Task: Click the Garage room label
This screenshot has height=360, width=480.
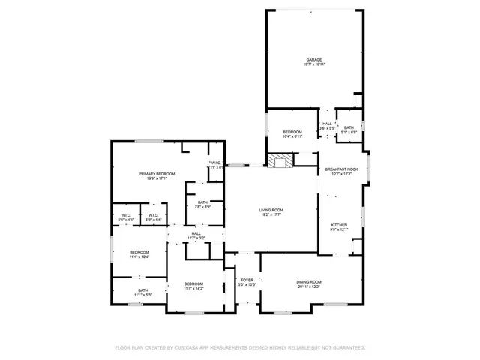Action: [313, 59]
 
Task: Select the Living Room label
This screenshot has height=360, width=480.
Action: [271, 211]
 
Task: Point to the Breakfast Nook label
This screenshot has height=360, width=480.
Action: [341, 169]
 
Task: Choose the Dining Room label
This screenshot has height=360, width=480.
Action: [308, 282]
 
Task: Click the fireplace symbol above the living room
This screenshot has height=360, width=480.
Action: [281, 160]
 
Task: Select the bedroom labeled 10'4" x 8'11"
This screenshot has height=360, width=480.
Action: [292, 132]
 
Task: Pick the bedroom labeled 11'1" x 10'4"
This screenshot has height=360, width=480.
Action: [139, 252]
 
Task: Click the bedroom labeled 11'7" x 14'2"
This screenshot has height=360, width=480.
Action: [193, 284]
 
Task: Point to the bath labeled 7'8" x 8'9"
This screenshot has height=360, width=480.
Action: [203, 202]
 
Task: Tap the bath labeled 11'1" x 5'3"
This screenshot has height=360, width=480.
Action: [142, 290]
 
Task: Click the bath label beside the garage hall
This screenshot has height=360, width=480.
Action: [349, 128]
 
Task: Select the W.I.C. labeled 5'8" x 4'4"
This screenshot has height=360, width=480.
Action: [126, 216]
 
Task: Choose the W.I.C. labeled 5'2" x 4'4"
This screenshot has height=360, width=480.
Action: [153, 216]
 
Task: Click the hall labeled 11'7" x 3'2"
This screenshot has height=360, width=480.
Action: [196, 234]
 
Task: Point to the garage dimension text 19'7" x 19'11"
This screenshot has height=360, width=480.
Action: [313, 64]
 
